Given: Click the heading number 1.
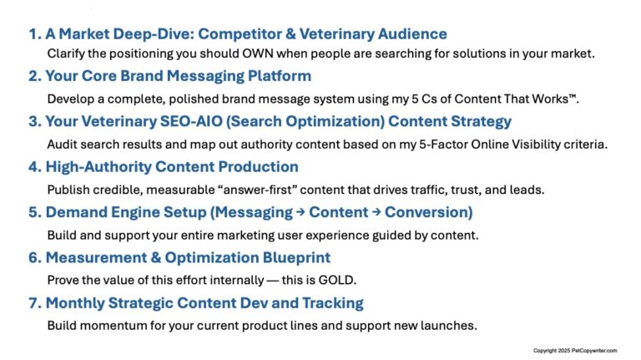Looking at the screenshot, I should (x=33, y=34).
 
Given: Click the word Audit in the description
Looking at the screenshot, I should (x=62, y=144).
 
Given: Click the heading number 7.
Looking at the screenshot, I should (x=33, y=302).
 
